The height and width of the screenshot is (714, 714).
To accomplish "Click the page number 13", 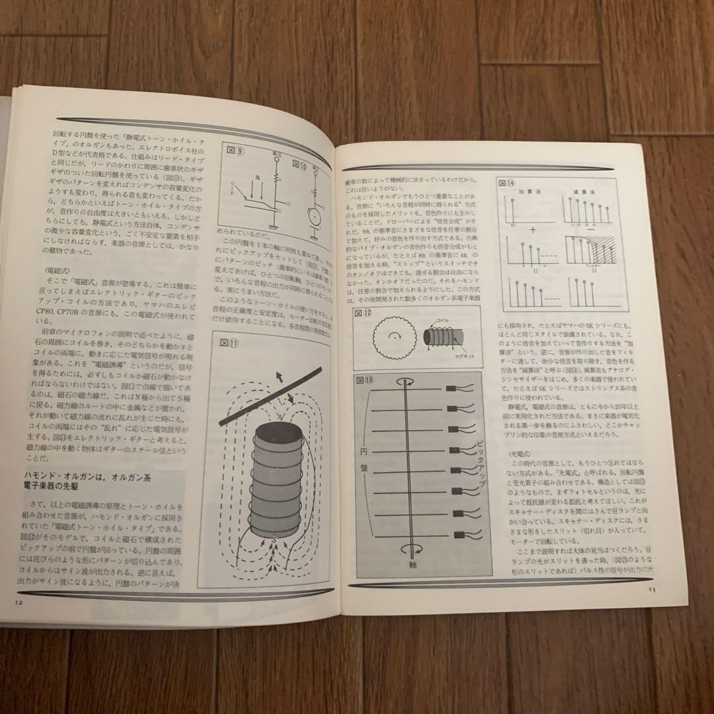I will pos(651,589).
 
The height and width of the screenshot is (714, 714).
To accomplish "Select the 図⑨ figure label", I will pos(235,151).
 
